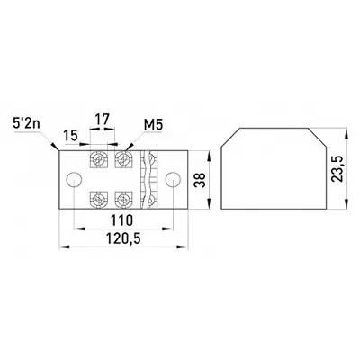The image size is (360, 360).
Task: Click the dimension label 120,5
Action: click(x=123, y=239)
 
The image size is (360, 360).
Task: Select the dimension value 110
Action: click(x=121, y=220)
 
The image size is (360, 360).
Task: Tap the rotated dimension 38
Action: click(x=201, y=180)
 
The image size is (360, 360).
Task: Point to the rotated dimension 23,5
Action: click(x=337, y=169)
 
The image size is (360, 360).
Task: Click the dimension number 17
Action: click(x=103, y=119)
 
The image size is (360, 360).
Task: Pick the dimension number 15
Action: click(x=70, y=136)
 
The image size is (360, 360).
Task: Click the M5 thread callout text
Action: click(x=153, y=125)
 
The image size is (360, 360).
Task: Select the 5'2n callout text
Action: click(x=26, y=124)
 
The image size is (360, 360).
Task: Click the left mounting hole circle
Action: click(x=74, y=180)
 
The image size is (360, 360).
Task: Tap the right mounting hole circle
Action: click(x=174, y=180)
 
